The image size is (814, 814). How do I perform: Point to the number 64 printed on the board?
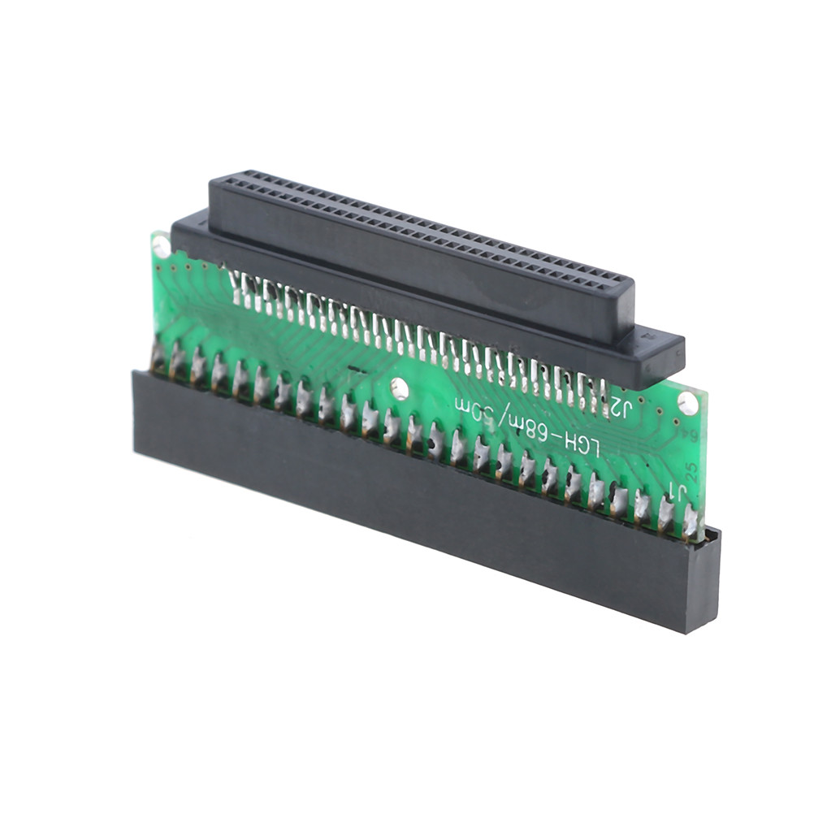pyautogui.click(x=695, y=439)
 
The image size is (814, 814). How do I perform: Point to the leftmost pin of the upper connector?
pyautogui.click(x=236, y=281)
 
